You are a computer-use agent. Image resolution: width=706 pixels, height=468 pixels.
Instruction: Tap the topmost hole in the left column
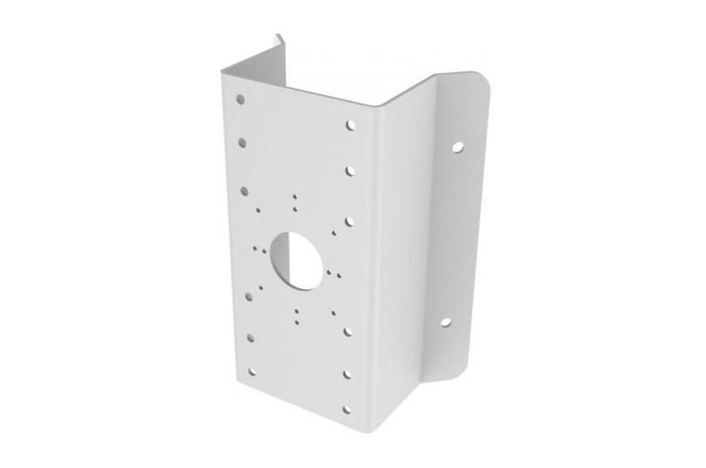(x=241, y=98)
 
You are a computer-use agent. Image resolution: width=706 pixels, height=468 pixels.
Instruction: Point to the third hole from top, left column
(x=244, y=189)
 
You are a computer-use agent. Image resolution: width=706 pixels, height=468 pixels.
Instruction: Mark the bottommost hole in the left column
(x=253, y=371)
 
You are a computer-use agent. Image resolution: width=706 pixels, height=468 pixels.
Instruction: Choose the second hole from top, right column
(x=349, y=170)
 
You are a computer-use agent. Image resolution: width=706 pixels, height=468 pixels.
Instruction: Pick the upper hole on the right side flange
(x=458, y=148)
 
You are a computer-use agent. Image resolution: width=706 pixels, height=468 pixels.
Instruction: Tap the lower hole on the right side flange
(x=446, y=322)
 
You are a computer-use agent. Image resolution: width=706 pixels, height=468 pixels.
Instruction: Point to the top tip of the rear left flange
(x=276, y=35)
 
